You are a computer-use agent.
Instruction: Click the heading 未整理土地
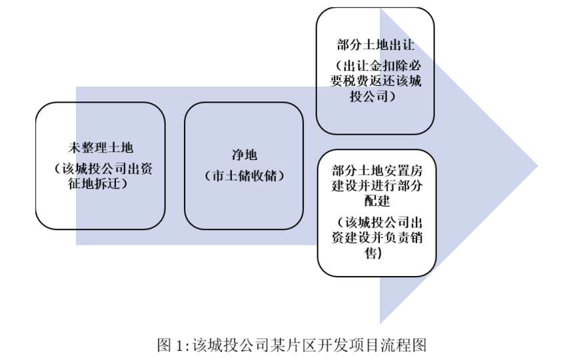[x=101, y=147]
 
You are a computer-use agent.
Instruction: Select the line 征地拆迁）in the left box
[x=97, y=183]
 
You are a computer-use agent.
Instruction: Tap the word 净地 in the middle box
[x=244, y=155]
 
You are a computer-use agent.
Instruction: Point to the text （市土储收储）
[x=244, y=176]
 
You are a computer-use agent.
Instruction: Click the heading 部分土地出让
[x=375, y=45]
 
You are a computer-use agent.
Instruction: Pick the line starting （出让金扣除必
[x=378, y=66]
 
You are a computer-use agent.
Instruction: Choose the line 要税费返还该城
[x=375, y=81]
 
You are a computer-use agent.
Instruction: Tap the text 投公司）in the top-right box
[x=372, y=96]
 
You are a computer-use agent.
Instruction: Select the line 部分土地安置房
[x=376, y=170]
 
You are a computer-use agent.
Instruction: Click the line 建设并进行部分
[x=376, y=185]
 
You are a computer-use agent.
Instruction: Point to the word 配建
[x=376, y=201]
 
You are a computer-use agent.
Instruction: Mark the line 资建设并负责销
[x=376, y=237]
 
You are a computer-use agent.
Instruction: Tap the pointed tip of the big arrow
[x=538, y=165]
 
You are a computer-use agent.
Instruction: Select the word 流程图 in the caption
[x=404, y=345]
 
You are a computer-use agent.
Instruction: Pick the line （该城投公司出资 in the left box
[x=103, y=169]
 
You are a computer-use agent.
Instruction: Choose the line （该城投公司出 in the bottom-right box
[x=379, y=222]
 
